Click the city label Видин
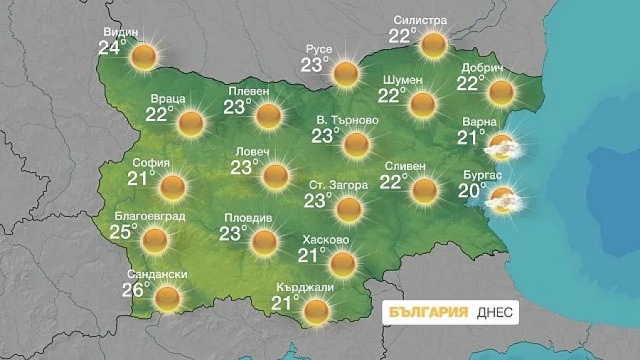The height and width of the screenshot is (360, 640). (x=120, y=32)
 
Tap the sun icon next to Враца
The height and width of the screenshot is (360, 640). (x=191, y=123)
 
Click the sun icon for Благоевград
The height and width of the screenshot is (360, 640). (x=154, y=240)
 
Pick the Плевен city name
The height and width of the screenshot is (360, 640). (x=249, y=91)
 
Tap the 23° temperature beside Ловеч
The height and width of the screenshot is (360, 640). (x=243, y=167)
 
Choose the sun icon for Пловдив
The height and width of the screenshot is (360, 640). (x=264, y=242)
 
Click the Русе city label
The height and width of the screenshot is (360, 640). (x=319, y=49)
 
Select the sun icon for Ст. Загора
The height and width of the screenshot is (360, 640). (x=348, y=209)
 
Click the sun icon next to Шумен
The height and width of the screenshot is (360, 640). (x=423, y=105)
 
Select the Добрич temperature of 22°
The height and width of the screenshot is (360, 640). (x=471, y=84)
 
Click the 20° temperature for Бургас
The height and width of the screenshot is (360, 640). (x=472, y=190)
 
